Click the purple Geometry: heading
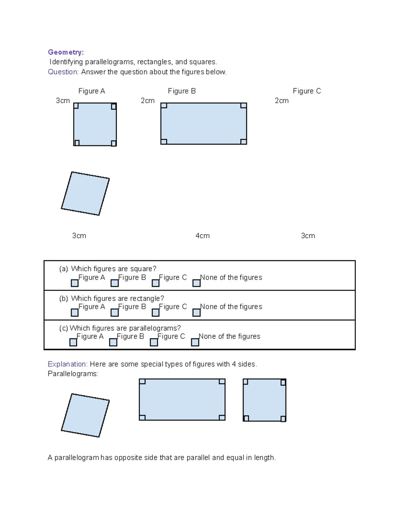(65, 52)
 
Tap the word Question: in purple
(63, 72)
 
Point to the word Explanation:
(67, 364)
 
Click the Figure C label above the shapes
(307, 91)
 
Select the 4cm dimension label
(202, 236)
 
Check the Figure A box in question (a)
(75, 283)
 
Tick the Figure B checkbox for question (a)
(115, 283)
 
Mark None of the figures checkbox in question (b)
(196, 313)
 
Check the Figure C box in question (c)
(154, 342)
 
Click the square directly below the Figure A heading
(95, 125)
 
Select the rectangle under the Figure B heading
(203, 124)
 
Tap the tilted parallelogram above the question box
(85, 193)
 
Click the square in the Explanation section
(265, 400)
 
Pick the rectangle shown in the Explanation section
(182, 400)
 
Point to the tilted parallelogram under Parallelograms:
(85, 415)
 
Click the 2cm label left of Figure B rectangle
(148, 101)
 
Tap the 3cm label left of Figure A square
(63, 101)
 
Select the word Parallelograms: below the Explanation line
(73, 374)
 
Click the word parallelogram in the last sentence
(77, 458)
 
